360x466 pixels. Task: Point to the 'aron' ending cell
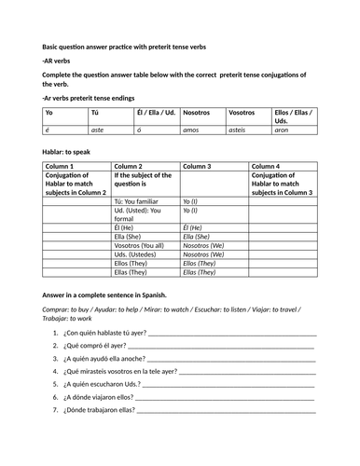[283, 130]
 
